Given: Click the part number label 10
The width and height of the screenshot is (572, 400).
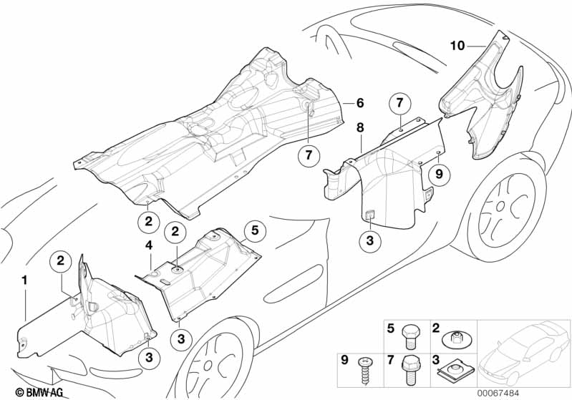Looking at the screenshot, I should click(457, 46).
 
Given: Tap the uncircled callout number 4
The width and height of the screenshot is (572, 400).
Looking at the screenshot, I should click(149, 245).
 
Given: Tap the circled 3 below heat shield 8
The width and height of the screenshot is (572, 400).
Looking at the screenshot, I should click(369, 241).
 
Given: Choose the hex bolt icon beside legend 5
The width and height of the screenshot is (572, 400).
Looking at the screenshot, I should click(411, 334).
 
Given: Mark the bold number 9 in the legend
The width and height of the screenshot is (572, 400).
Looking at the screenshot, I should click(344, 360).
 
